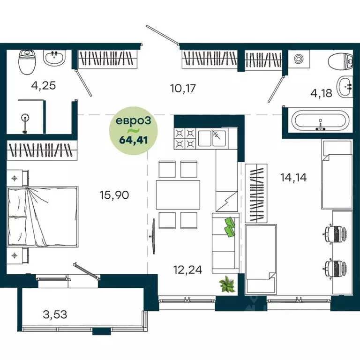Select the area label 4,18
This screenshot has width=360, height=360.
pos(322,93)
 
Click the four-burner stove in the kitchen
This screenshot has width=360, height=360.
pos(185,138)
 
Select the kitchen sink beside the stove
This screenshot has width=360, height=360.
pos(212,138)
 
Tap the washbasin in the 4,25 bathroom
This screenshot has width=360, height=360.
pos(55,59)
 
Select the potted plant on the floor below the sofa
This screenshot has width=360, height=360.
pos(228,284)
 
